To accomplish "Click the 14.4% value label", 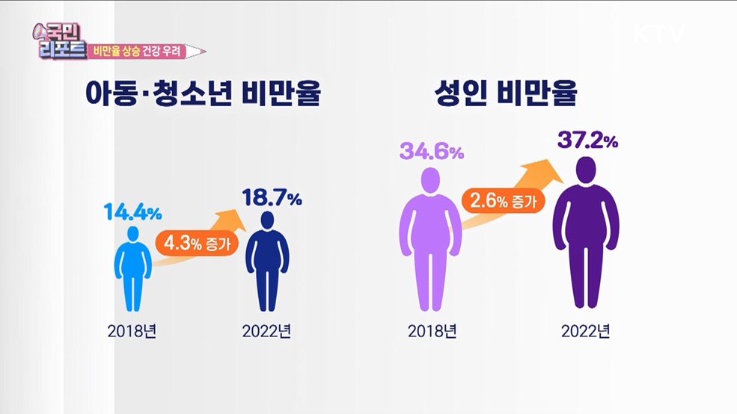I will pos(132,212).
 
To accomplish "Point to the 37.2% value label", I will pos(587,140).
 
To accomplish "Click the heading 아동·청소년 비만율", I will pos(204,96).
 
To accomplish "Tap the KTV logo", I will pos(661,34).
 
